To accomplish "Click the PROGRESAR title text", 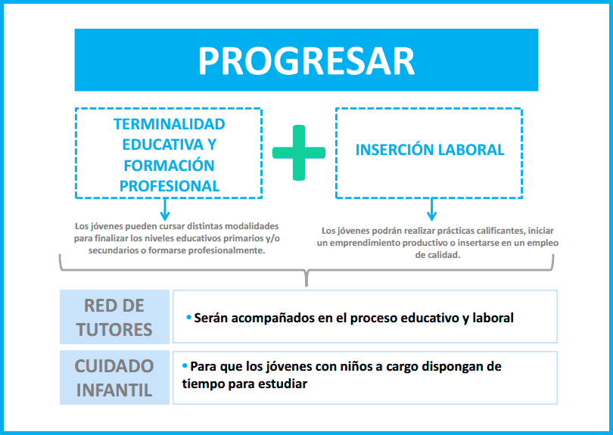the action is (x=306, y=61).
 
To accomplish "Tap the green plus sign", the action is (x=299, y=153).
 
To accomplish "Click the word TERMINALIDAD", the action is (x=170, y=124).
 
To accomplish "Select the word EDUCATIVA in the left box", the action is (x=163, y=144).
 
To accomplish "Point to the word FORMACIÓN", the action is (x=170, y=166).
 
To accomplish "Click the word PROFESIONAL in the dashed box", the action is (x=170, y=186).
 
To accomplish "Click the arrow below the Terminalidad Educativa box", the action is (x=165, y=210).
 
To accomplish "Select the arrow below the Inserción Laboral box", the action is (x=431, y=210).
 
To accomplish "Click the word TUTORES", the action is (x=114, y=330).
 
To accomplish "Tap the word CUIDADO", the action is (x=114, y=366).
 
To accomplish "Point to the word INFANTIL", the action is (x=114, y=390).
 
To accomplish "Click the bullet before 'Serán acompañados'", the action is (x=189, y=317).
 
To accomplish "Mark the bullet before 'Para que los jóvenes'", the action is (x=185, y=366).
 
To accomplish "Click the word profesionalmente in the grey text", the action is (x=226, y=250).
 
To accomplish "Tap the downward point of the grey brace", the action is (x=306, y=285).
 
